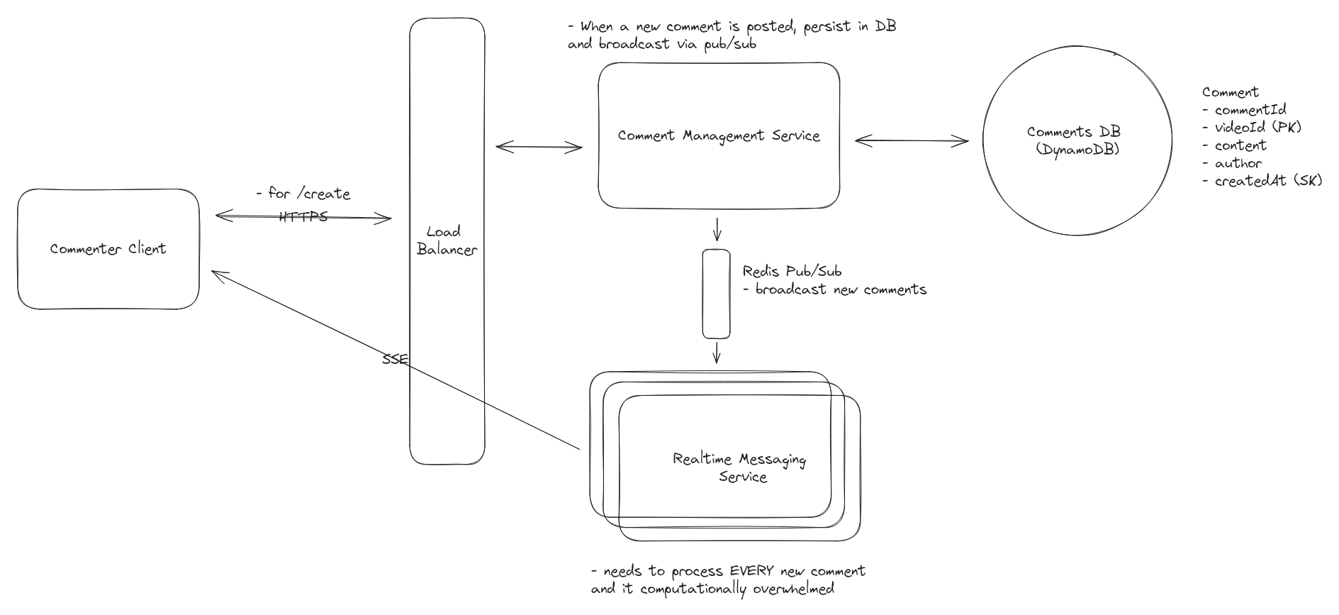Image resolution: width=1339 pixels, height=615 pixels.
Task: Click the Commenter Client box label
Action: point(108,249)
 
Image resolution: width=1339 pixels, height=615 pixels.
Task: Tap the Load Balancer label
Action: point(447,240)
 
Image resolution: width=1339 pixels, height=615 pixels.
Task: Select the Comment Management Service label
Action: point(719,135)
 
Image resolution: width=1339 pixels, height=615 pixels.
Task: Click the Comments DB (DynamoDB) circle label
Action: point(1074,140)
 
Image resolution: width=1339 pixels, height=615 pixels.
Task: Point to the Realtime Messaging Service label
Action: point(739,468)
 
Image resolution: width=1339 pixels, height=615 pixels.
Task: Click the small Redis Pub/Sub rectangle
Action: point(716,294)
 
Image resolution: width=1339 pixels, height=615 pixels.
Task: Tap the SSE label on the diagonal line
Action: point(395,360)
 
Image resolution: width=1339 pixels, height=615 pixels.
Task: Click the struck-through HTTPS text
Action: point(303,216)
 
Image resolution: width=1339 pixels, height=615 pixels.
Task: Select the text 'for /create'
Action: point(309,194)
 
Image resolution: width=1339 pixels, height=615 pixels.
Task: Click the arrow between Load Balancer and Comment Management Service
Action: point(539,148)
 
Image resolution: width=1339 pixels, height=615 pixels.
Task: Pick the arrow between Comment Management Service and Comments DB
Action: point(911,141)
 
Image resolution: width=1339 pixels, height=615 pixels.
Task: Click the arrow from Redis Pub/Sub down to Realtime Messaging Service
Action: point(717,353)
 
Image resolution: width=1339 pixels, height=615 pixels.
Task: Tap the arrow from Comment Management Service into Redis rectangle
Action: point(717,229)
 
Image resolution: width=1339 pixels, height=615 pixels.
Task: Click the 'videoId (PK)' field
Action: point(1258,128)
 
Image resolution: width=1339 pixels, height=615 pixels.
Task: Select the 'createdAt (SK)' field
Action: point(1268,181)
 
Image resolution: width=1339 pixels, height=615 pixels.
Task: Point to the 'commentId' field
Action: point(1250,110)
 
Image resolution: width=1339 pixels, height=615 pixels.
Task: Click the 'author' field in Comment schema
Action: point(1238,163)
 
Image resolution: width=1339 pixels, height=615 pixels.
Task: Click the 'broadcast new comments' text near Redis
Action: point(841,289)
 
